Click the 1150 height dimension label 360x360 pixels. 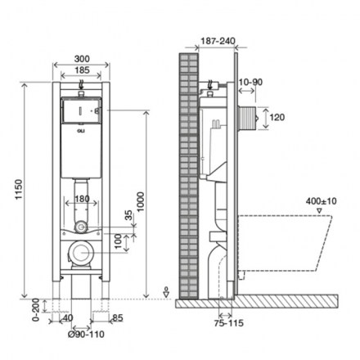point(19,190)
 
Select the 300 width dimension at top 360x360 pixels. point(82,59)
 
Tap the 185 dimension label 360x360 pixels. point(82,70)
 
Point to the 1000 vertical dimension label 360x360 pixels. point(140,202)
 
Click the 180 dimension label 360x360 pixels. point(82,199)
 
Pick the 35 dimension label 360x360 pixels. point(128,215)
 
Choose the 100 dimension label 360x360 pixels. point(118,241)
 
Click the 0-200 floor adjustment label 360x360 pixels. point(36,310)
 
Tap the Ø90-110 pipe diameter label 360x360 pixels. point(86,335)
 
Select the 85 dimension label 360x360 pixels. point(118,318)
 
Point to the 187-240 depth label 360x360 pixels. point(218,41)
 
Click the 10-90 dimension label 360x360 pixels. point(250,82)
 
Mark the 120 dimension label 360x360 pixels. point(277,118)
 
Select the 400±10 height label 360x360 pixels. point(322,201)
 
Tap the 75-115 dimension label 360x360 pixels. point(228,323)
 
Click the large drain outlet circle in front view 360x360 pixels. point(81,252)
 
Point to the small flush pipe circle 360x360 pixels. point(81,227)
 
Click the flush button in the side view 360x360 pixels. point(248,118)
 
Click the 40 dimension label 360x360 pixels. point(68,318)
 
